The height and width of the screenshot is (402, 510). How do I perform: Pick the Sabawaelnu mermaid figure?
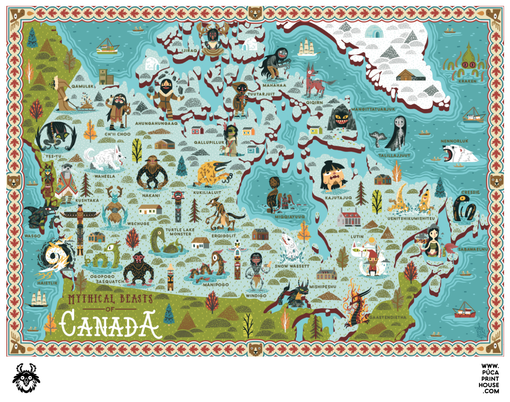pyautogui.click(x=433, y=242)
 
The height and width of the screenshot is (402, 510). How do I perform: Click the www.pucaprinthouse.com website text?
pyautogui.click(x=489, y=378)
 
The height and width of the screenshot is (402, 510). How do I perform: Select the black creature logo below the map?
pyautogui.click(x=26, y=377)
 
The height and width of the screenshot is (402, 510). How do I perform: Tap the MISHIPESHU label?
pyautogui.click(x=323, y=286)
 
